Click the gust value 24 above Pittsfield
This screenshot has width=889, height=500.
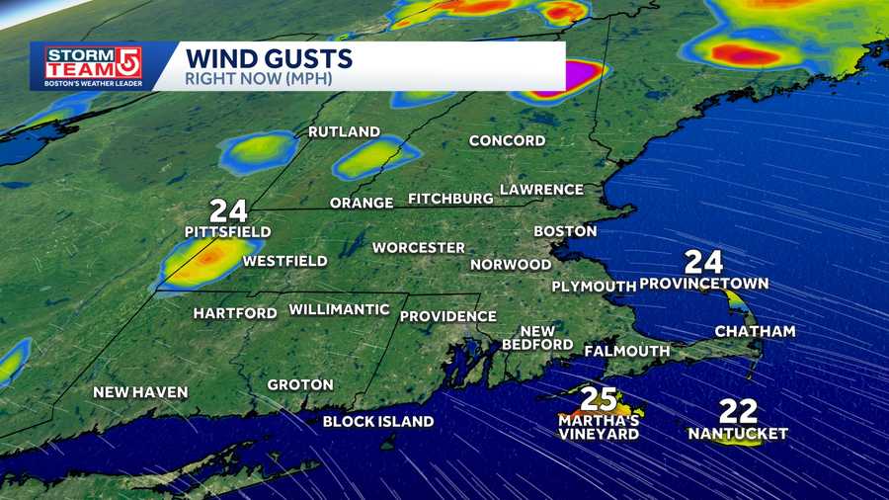point(227,210)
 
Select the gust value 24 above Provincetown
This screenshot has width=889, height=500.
point(703,262)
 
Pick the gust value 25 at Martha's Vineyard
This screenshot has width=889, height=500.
point(599,399)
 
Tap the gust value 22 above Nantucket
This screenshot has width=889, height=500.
point(738,410)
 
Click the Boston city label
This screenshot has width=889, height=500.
point(565,231)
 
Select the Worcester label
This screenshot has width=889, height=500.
point(418,247)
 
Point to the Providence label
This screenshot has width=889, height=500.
point(447,316)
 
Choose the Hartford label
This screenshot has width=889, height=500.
point(235,313)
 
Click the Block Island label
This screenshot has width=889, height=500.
point(378,422)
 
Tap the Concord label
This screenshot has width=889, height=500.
point(507,141)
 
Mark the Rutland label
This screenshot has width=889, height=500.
point(344,131)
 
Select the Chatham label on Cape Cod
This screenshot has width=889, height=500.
point(755,331)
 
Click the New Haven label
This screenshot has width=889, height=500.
point(140,392)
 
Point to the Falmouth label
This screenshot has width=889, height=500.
point(626,351)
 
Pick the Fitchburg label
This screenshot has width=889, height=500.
point(450,199)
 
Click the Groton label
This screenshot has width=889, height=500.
point(300,384)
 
